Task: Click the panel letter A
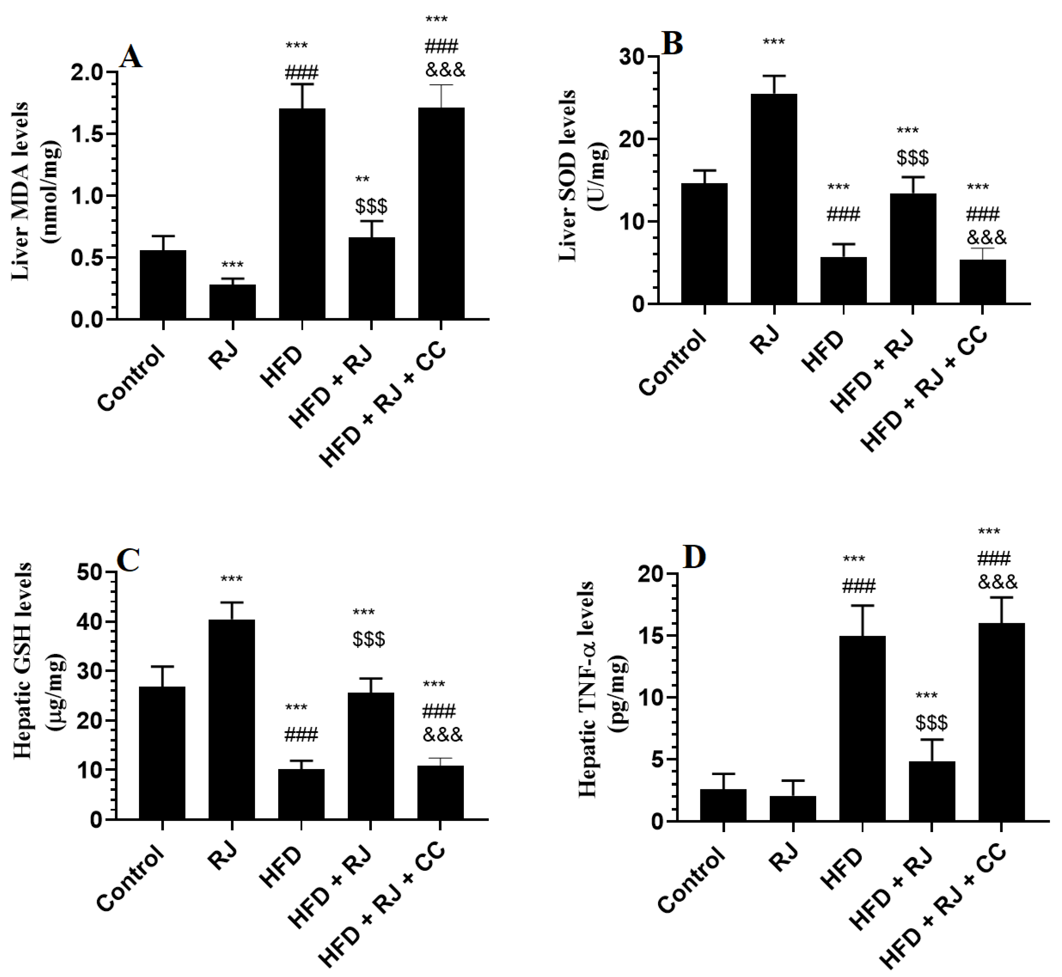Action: pyautogui.click(x=131, y=57)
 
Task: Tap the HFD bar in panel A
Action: pyautogui.click(x=302, y=214)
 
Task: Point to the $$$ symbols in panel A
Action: pyautogui.click(x=371, y=206)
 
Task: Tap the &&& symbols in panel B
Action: pyautogui.click(x=986, y=237)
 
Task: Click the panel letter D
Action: pyautogui.click(x=695, y=557)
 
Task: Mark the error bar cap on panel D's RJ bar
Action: pyautogui.click(x=793, y=781)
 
